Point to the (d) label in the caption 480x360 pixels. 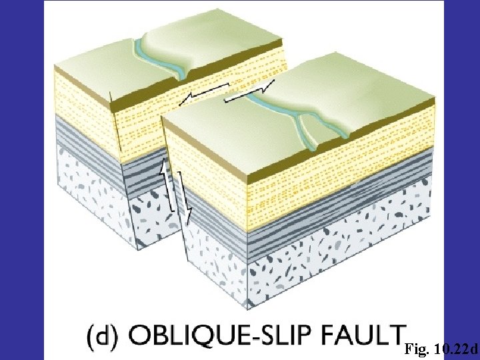coord(101,337)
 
